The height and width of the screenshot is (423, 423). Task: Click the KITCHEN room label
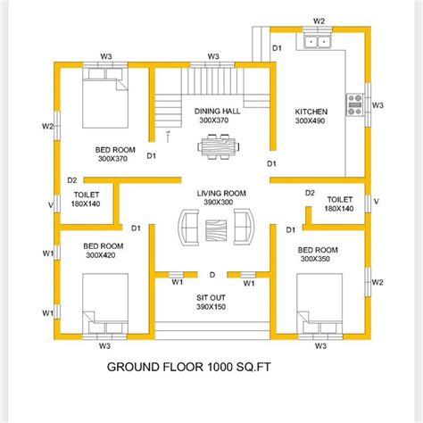[x=311, y=112]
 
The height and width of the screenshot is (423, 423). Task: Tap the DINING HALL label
[x=213, y=111]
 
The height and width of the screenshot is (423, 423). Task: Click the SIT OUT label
[x=212, y=296]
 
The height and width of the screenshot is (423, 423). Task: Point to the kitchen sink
[x=318, y=40]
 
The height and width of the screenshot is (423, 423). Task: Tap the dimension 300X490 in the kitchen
[x=311, y=121]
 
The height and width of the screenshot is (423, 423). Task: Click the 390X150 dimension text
[x=212, y=306]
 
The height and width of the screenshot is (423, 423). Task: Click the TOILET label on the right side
[x=340, y=199]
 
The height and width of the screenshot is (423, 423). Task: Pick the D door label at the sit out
[x=212, y=275]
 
